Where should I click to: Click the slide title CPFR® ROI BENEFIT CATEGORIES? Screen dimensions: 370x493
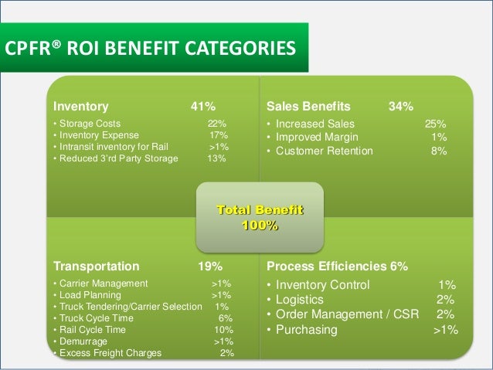[x=151, y=50]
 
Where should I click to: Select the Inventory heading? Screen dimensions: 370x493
[x=80, y=106]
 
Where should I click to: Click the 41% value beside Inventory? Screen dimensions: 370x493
[x=203, y=106]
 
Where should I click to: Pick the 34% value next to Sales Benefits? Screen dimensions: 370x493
[x=400, y=106]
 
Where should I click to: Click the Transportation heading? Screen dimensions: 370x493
[x=96, y=266]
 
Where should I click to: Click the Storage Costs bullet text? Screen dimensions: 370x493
[x=89, y=124]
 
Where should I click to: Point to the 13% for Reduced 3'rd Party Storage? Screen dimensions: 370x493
[x=216, y=158]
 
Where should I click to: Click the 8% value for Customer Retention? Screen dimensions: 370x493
[x=438, y=151]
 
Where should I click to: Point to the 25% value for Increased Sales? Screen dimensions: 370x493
[x=435, y=124]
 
